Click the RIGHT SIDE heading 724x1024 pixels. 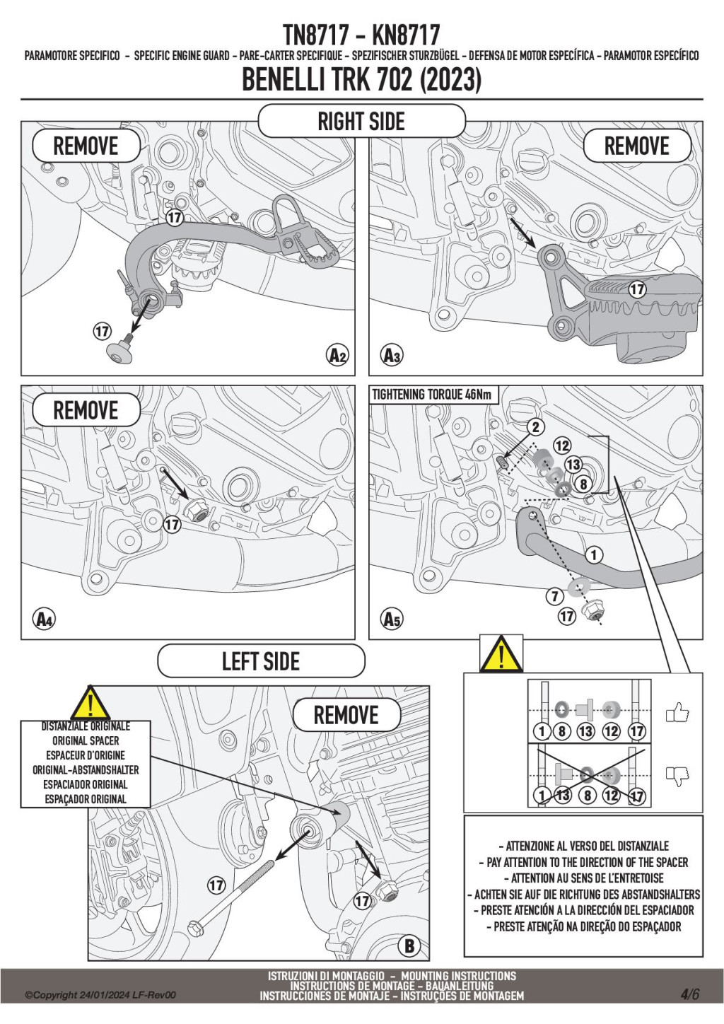click(361, 122)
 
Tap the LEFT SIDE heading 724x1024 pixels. click(261, 661)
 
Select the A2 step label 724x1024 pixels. click(338, 355)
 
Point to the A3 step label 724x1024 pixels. click(391, 355)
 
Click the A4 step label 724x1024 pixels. click(44, 619)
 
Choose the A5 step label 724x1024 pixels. click(391, 619)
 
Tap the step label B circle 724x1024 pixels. click(409, 946)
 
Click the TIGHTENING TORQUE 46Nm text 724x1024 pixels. click(432, 395)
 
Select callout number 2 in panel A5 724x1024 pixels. click(536, 426)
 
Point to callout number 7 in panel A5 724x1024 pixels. click(555, 596)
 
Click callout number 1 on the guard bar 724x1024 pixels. click(594, 555)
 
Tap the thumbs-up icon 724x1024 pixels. click(677, 712)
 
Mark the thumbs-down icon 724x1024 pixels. click(677, 776)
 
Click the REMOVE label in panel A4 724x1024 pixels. click(86, 410)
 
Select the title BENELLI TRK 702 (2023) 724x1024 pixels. click(361, 80)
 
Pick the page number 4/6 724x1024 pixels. click(689, 994)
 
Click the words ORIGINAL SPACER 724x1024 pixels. click(86, 740)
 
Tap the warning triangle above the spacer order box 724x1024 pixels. click(501, 654)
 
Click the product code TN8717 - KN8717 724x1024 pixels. click(361, 34)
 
